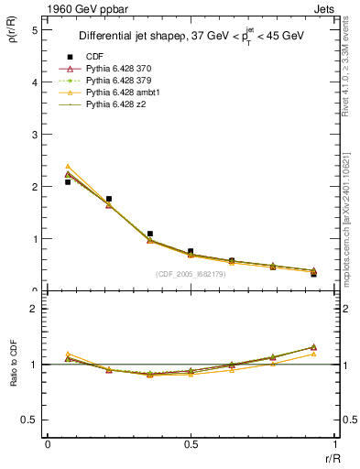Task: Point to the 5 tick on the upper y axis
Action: [x=34, y=29]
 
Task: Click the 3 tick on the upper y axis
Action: [x=34, y=134]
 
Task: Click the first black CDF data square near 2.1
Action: [x=68, y=182]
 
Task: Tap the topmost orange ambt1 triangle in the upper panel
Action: [x=68, y=167]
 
